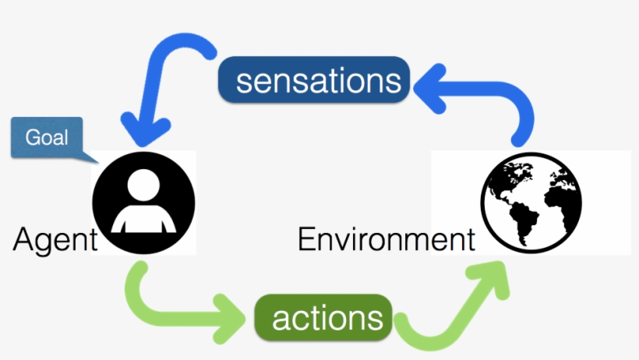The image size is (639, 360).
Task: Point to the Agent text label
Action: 53,238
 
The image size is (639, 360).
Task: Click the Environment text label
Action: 386,238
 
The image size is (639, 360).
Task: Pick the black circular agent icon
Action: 144,203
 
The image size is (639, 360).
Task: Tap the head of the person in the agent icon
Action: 144,185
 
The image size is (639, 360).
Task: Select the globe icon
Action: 531,203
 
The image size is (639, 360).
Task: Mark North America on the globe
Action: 508,183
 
